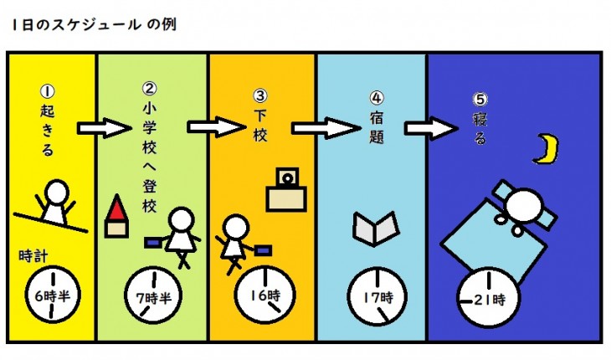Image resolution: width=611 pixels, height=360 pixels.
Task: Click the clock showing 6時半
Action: click(52, 295)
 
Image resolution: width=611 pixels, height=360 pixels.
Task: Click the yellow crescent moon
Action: click(546, 148)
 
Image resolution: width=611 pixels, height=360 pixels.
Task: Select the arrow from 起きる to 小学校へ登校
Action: click(102, 129)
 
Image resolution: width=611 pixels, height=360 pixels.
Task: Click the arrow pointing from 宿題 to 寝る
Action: click(429, 128)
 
